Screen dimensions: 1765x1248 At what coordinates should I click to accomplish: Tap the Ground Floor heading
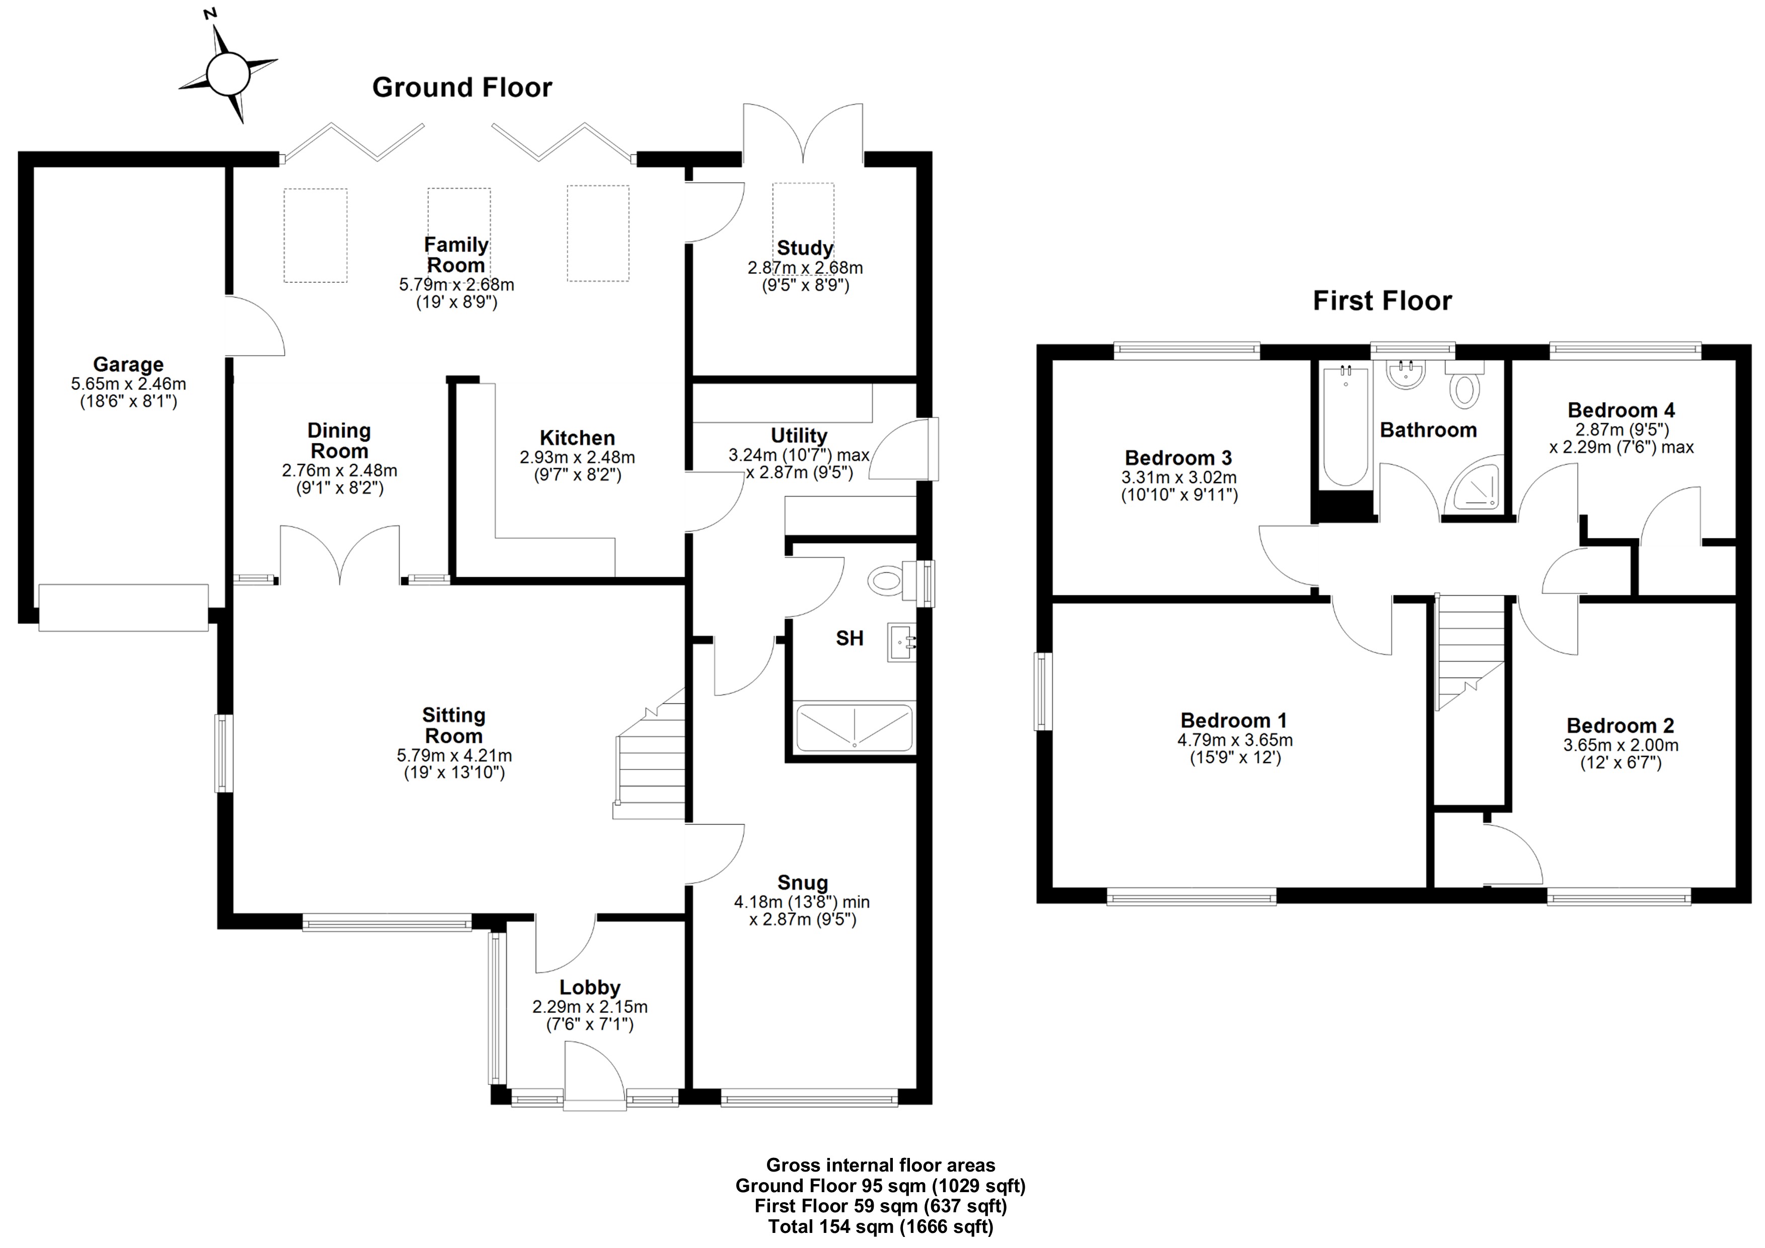(462, 88)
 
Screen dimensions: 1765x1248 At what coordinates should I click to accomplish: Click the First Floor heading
(1382, 300)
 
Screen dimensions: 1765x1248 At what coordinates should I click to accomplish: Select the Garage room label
(128, 364)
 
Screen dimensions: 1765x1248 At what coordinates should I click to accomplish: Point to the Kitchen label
(577, 438)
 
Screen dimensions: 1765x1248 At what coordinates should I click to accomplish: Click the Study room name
(805, 248)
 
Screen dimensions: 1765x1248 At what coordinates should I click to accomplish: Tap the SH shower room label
(850, 638)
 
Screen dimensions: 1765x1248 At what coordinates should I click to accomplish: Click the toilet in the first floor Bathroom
(1464, 385)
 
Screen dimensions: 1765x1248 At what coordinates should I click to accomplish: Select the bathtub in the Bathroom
(1345, 427)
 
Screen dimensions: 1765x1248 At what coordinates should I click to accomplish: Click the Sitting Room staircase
(650, 756)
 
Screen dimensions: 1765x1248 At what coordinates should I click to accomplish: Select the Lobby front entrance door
(593, 1076)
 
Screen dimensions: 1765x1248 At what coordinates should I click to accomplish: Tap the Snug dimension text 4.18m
(758, 902)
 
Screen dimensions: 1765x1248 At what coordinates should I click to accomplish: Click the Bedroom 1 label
(1234, 721)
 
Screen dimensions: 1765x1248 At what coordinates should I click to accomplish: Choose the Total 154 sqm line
(881, 1226)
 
